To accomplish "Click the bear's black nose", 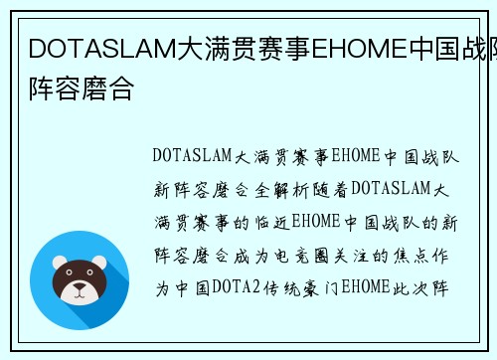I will pyautogui.click(x=79, y=285).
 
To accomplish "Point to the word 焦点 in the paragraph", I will pyautogui.click(x=409, y=256).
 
